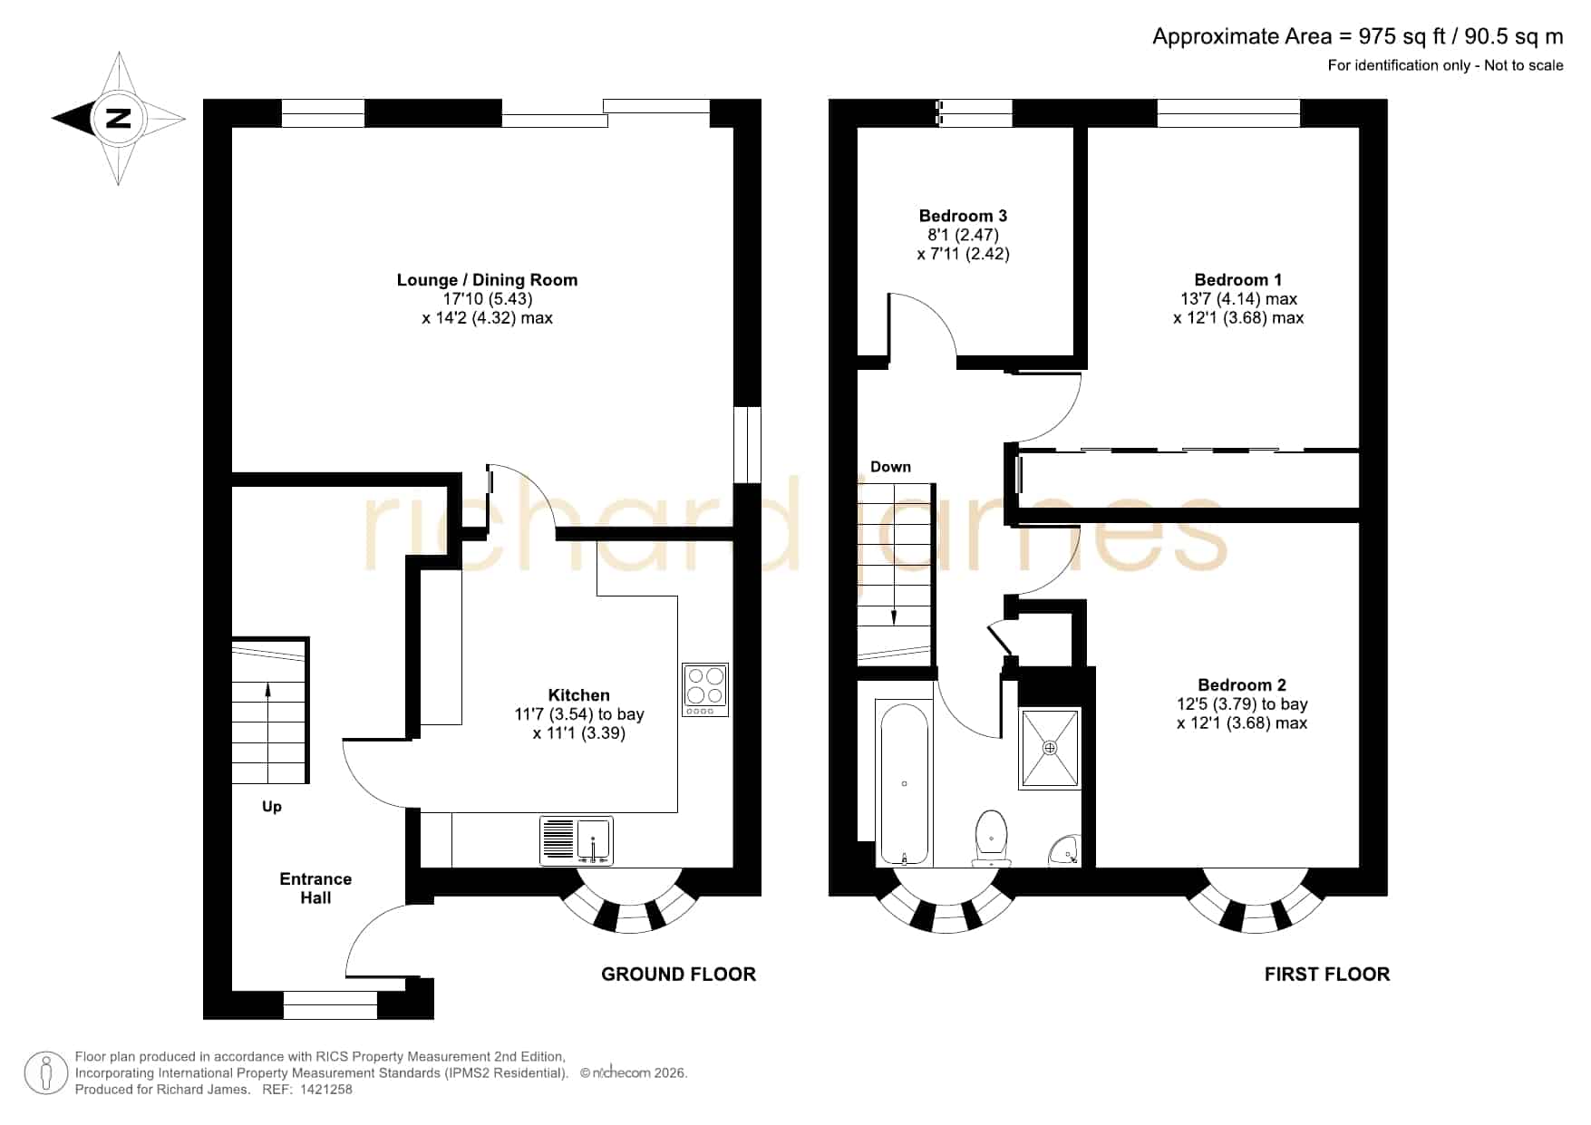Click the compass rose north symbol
(118, 118)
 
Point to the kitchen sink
(577, 840)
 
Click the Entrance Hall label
(315, 888)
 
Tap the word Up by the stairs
(272, 807)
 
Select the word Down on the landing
(890, 467)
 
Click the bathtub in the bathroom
(904, 783)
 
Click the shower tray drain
(1050, 748)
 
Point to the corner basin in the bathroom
(1065, 850)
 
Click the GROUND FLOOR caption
(678, 975)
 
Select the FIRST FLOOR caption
(1327, 975)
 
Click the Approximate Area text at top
(1358, 36)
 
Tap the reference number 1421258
(325, 1090)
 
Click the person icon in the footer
(45, 1073)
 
